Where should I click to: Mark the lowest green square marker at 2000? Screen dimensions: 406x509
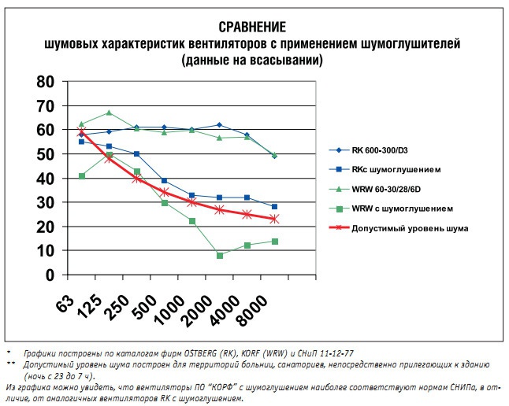coord(219,256)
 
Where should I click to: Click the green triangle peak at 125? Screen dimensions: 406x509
coord(109,113)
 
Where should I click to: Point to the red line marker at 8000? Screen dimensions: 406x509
coord(274,219)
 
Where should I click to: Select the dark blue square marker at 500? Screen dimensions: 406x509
coord(164,181)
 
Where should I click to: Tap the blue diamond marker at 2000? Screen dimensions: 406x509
coord(219,125)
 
